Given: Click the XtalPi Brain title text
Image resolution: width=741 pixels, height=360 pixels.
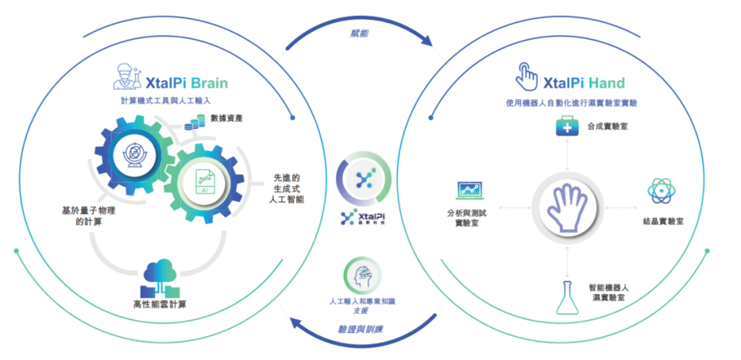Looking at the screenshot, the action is (x=186, y=83).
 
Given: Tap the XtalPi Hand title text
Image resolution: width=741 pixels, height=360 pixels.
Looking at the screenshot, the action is (x=584, y=83).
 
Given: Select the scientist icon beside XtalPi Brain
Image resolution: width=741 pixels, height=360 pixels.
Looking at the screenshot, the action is (x=127, y=77).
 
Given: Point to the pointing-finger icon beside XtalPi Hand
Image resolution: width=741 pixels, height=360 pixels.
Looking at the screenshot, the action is (x=527, y=77).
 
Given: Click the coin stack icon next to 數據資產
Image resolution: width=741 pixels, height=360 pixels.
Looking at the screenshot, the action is (x=195, y=122).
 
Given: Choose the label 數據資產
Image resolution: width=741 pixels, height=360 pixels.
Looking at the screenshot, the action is (x=227, y=118).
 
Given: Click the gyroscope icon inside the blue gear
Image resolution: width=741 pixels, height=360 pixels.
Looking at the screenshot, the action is (x=134, y=155).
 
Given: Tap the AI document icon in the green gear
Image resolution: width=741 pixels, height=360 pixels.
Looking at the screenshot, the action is (x=205, y=181).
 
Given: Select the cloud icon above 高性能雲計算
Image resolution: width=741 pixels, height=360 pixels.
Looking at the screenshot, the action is (x=160, y=278).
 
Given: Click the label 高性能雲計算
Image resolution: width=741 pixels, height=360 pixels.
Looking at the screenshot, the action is (x=160, y=304).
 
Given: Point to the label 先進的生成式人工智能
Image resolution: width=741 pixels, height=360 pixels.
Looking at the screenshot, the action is (x=286, y=188).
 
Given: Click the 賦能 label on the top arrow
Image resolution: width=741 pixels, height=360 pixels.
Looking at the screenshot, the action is (x=359, y=33).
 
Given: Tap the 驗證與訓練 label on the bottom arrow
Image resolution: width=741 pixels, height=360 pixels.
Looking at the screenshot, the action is (x=360, y=329).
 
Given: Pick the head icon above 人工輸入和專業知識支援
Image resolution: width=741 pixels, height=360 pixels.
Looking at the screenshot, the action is (x=363, y=276).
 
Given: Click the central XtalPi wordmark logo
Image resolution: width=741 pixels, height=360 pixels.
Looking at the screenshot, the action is (x=363, y=217).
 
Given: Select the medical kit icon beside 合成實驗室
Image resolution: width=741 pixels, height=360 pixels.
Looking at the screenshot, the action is (x=567, y=126).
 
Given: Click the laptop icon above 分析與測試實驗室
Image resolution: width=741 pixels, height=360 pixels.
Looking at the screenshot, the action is (x=470, y=191).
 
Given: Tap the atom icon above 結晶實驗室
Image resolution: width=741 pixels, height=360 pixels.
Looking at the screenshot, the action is (x=661, y=191).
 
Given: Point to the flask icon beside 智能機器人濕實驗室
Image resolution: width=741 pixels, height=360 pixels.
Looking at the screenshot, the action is (x=568, y=298).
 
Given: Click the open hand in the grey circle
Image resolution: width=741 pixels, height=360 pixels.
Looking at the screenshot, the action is (x=568, y=208).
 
